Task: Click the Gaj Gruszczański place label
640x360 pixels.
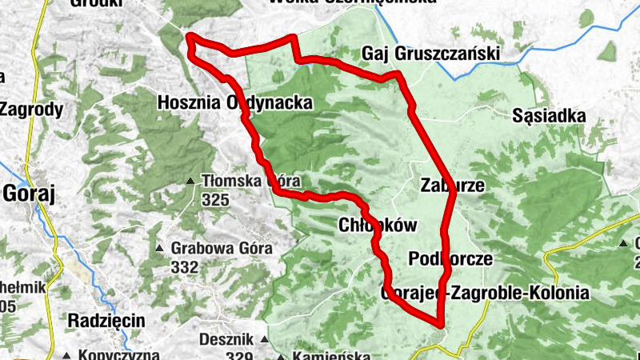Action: click(430, 53)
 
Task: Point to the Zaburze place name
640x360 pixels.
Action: click(452, 185)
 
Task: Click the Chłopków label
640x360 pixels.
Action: click(378, 226)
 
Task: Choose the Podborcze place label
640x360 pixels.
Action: click(450, 259)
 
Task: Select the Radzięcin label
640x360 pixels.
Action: click(106, 320)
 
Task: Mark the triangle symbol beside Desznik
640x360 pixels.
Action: click(265, 340)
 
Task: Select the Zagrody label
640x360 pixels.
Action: click(30, 110)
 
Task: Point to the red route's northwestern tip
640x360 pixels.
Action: click(190, 36)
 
